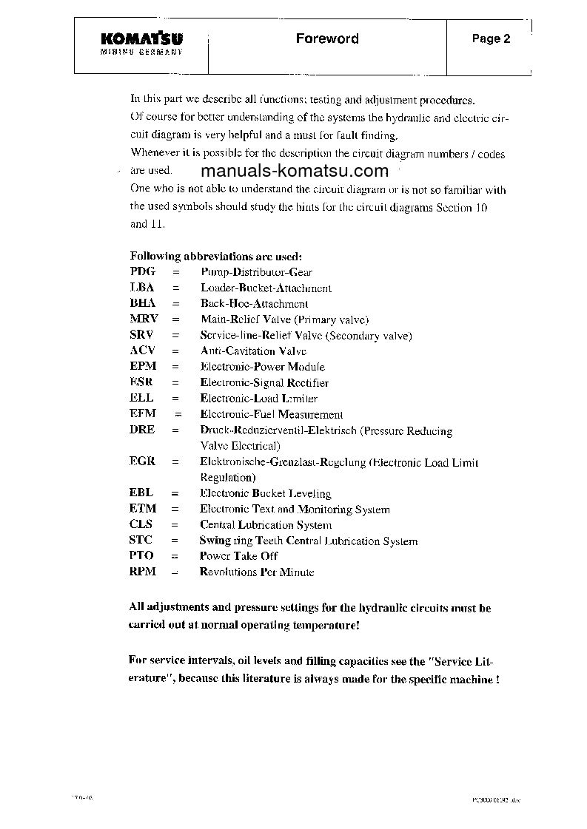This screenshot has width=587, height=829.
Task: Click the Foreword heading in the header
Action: point(327,38)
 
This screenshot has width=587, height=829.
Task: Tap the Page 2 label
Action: point(492,39)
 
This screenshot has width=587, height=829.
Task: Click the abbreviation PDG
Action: point(143,272)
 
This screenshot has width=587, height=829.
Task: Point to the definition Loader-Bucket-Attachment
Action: point(266,288)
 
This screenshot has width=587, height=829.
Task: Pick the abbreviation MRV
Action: point(144,319)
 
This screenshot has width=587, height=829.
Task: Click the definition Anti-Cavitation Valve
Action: point(253,351)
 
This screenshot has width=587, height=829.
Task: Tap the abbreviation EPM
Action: point(143,367)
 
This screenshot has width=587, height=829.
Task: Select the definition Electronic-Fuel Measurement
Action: point(272,415)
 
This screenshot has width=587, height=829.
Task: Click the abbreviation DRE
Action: point(142,430)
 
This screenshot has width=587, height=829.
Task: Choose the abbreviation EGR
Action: point(142,461)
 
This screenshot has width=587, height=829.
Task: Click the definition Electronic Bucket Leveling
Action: point(265,493)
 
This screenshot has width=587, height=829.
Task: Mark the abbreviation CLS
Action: point(141,524)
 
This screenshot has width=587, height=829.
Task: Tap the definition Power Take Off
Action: point(238,556)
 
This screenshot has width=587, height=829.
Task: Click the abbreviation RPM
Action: point(142,572)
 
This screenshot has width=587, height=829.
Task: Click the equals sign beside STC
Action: point(175,541)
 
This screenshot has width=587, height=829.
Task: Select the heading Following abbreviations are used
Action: point(216,257)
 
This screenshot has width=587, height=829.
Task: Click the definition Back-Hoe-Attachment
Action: point(254,304)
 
